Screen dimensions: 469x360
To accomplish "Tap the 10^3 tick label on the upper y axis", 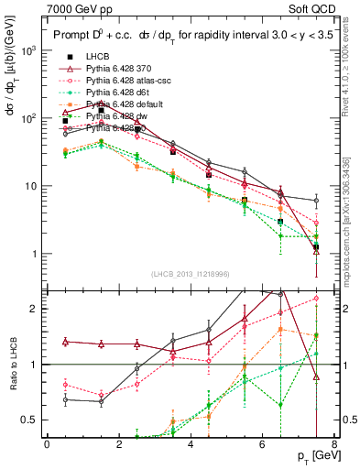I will (29, 50).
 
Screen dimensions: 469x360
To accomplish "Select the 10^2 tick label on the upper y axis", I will (29, 118).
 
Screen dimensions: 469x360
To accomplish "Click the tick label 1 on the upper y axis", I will (36, 254).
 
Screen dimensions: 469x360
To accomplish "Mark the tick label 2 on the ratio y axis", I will (36, 309).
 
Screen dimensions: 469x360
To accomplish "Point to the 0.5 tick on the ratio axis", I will (32, 420).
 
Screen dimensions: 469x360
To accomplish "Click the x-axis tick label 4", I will (191, 444).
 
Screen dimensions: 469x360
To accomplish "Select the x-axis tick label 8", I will (334, 444).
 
